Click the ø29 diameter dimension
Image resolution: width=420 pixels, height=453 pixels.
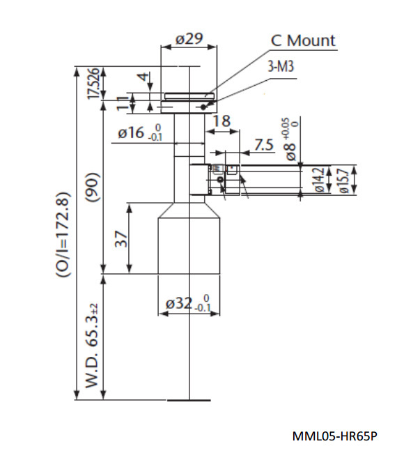[189, 39]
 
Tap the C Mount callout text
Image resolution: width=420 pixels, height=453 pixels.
[303, 40]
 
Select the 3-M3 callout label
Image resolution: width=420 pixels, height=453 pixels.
[281, 66]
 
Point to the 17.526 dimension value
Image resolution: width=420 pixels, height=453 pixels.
[94, 83]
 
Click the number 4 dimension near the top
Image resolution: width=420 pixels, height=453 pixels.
[143, 77]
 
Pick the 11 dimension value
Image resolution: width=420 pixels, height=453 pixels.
[123, 103]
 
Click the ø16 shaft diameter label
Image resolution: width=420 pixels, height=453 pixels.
[140, 132]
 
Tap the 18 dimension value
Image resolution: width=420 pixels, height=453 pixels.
[221, 121]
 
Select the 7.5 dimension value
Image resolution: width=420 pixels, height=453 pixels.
[264, 144]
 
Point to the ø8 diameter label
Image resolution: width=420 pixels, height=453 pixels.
[291, 139]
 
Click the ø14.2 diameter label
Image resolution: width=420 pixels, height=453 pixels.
[320, 180]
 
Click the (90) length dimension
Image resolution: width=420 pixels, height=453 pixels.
[93, 187]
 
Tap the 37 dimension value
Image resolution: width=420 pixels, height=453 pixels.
[121, 239]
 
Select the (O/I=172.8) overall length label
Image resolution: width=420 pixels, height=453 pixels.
[63, 235]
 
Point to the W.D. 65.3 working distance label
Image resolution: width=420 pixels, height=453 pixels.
[92, 345]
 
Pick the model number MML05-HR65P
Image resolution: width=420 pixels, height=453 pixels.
[334, 436]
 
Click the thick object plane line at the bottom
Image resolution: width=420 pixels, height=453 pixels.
[189, 400]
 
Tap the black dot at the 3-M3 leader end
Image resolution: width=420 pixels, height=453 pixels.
[203, 107]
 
